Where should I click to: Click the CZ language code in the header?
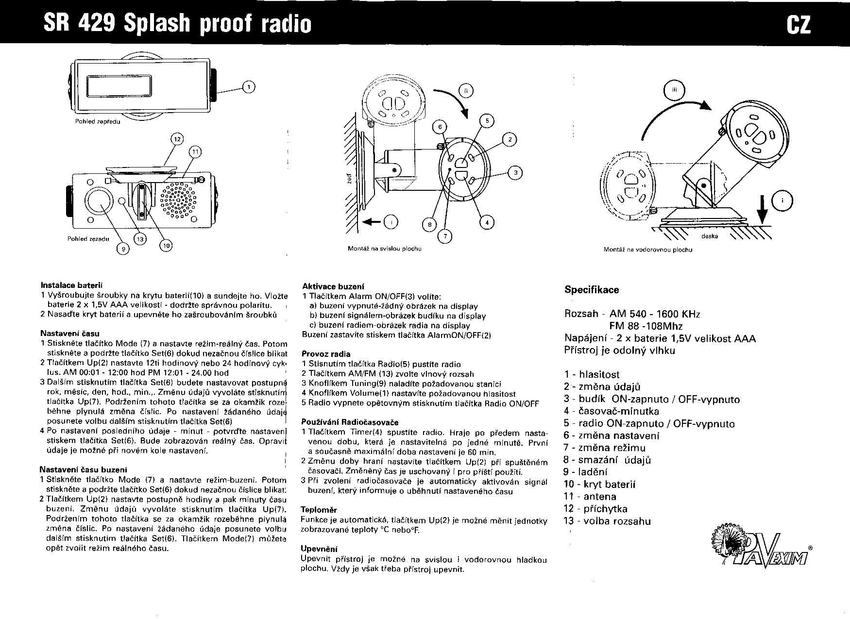799,24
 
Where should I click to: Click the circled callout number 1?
249,87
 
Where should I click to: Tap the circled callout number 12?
177,139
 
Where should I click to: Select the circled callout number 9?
123,249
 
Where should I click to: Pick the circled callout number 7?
445,236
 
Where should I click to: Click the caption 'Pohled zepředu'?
98,121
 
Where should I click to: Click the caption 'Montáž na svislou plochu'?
384,249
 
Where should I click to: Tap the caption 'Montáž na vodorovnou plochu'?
647,250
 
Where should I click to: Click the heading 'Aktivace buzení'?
333,286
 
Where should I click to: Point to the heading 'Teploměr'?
319,510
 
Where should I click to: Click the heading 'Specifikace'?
592,290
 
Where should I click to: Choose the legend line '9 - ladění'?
585,472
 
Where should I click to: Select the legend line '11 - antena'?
590,497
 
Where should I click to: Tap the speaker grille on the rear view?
180,199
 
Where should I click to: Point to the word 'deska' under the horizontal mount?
710,236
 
